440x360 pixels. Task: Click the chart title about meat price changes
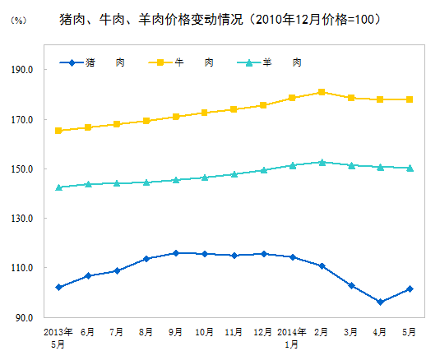[x=220, y=18]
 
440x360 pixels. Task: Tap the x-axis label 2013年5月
[x=58, y=337]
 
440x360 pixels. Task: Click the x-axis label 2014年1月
[x=292, y=337]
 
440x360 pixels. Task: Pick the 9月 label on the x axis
[x=175, y=332]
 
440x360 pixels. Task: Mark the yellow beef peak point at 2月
[x=322, y=92]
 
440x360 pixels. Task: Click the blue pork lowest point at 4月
[x=380, y=302]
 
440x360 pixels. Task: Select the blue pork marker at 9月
[x=175, y=253]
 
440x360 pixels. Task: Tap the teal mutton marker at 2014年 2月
[x=322, y=162]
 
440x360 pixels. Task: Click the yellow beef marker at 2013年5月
[x=58, y=131]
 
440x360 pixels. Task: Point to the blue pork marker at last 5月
[x=410, y=288]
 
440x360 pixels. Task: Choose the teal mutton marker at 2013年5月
[x=58, y=187]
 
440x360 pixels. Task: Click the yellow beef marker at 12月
[x=263, y=105]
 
